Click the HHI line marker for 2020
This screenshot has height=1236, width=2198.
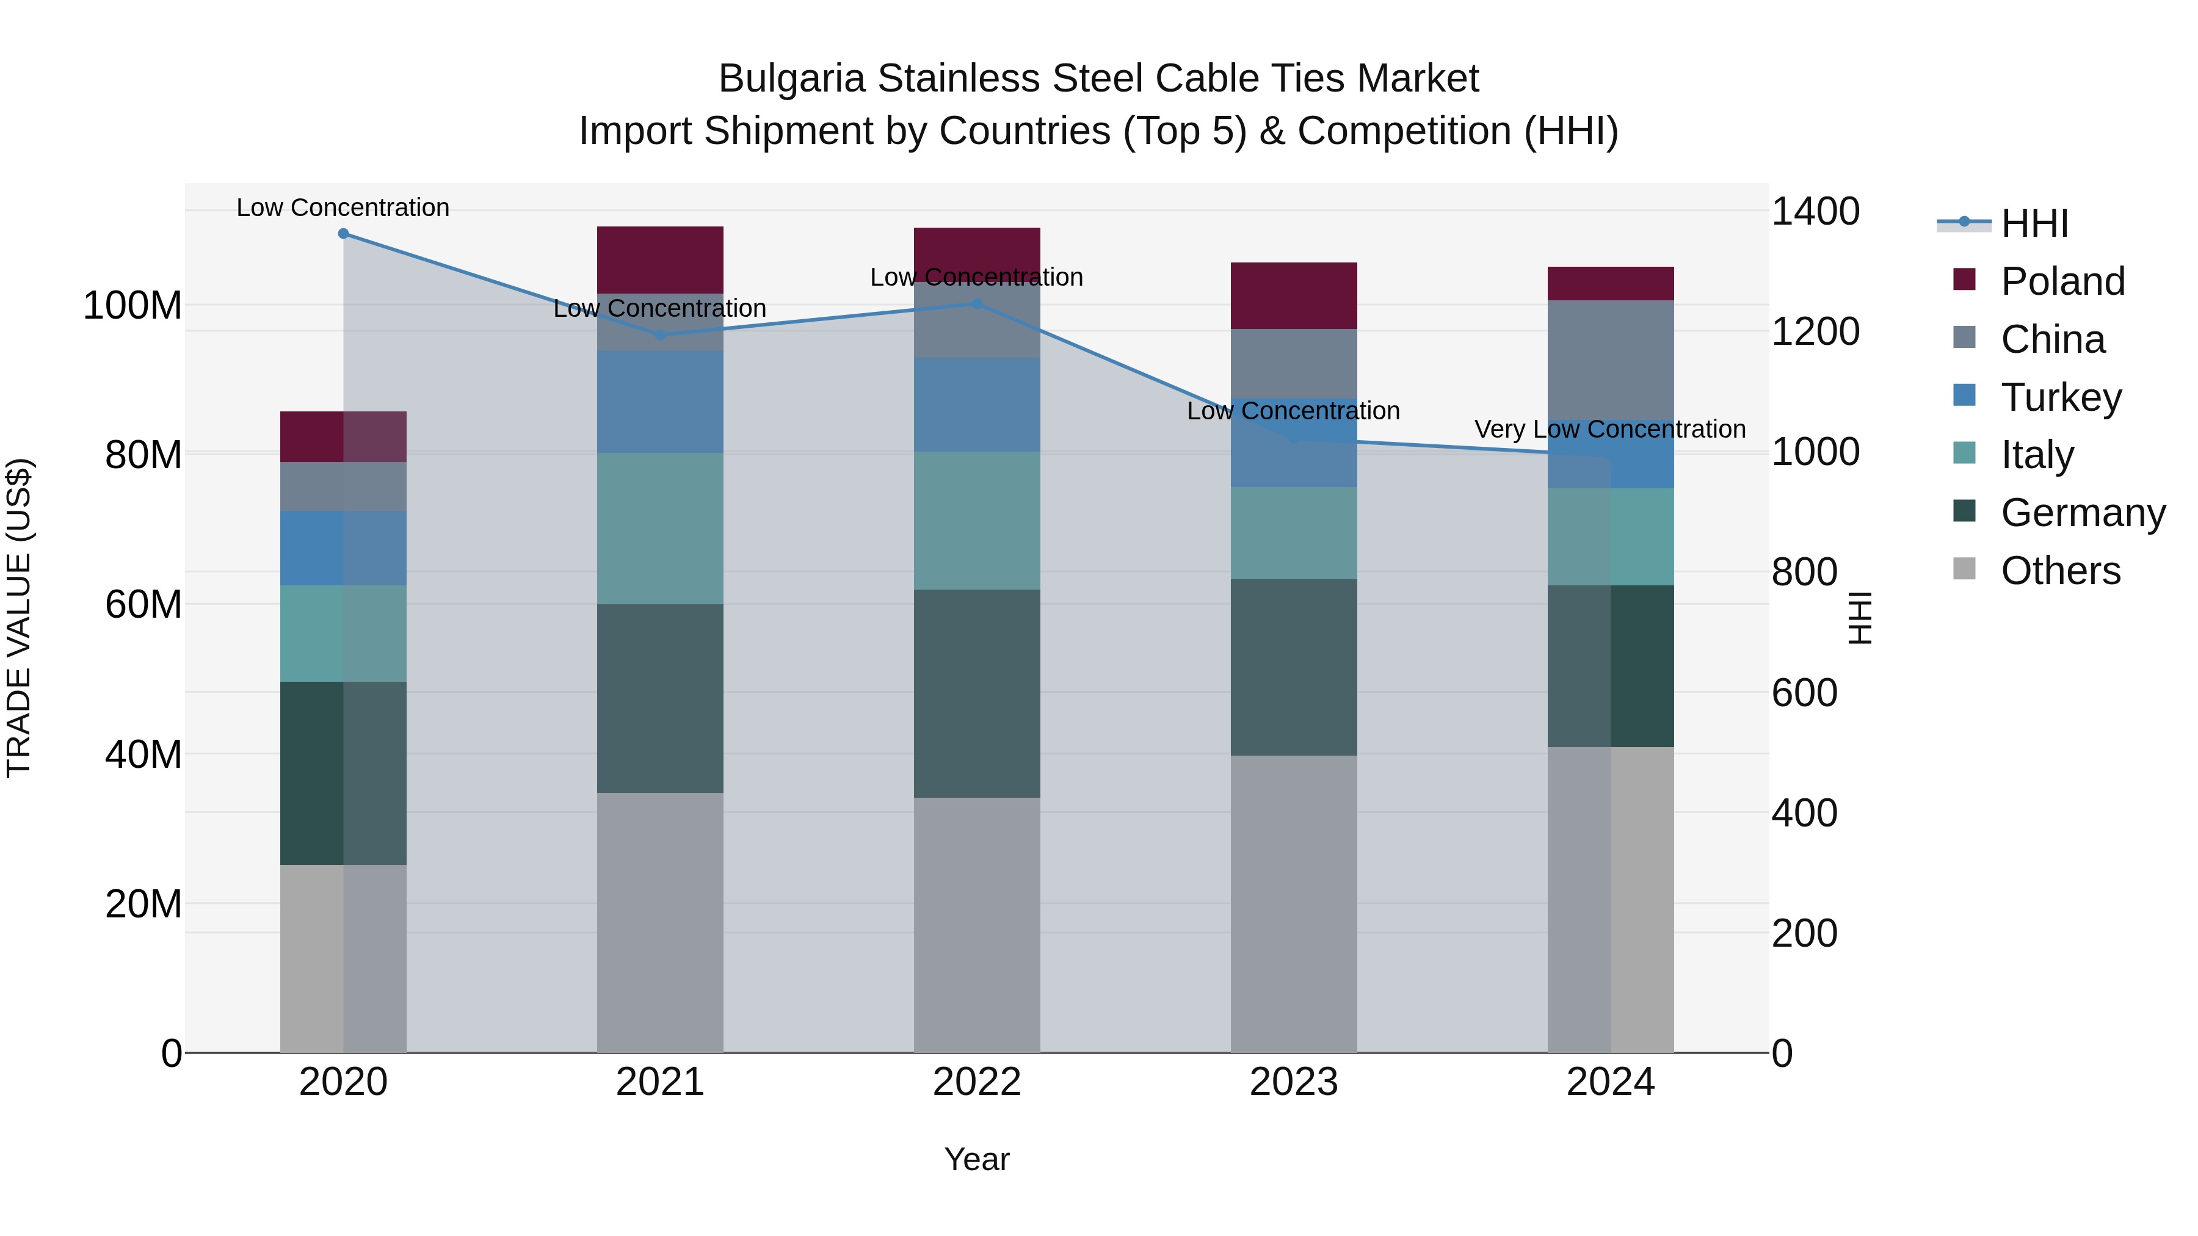click(343, 234)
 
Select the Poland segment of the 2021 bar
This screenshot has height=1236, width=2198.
click(659, 259)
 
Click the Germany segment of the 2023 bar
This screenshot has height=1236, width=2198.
click(1294, 667)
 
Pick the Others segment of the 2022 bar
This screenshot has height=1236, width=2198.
click(977, 925)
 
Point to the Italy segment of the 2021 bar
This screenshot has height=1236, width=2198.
click(659, 528)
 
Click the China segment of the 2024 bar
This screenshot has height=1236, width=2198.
click(1610, 358)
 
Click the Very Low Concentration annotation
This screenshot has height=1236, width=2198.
click(1609, 429)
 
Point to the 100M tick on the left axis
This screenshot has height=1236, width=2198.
click(132, 305)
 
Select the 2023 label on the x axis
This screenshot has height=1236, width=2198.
click(1294, 1082)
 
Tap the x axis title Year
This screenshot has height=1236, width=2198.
click(977, 1159)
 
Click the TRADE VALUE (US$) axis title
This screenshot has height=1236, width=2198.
click(19, 618)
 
